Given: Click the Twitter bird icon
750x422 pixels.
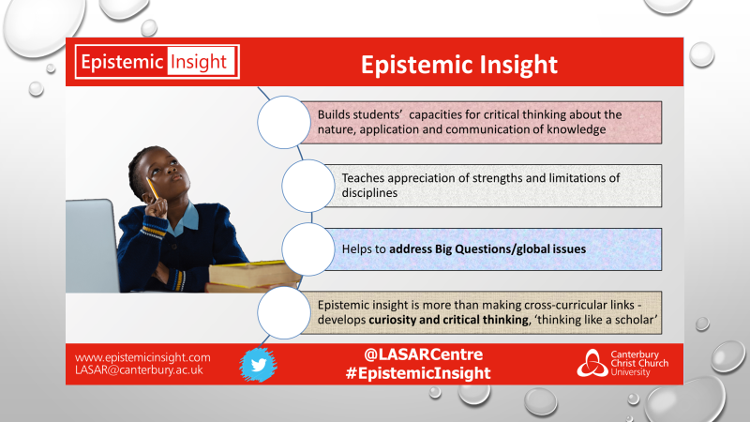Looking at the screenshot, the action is [x=259, y=365].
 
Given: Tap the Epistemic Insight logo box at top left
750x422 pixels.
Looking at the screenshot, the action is [x=157, y=62].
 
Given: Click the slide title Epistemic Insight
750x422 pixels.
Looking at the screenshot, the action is [x=459, y=65].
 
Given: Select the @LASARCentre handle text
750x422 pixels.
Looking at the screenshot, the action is [x=424, y=354].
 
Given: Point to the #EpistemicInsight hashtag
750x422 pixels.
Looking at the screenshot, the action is [x=418, y=373].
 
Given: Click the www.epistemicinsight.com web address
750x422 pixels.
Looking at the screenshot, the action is [x=142, y=357].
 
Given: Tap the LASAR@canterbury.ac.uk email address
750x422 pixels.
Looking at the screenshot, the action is [x=139, y=369].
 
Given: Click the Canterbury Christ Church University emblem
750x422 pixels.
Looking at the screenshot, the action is [x=592, y=363].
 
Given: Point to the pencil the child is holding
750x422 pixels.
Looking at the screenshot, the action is [x=153, y=188].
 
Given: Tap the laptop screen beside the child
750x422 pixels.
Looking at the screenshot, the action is [x=92, y=246].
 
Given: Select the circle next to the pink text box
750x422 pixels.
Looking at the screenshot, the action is [x=284, y=122].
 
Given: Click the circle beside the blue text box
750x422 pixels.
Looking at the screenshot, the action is [x=308, y=249].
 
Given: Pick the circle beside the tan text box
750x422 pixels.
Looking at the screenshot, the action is [x=284, y=313].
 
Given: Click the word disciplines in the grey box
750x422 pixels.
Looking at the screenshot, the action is [x=369, y=193].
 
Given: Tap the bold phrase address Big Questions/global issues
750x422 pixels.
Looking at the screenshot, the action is [x=487, y=249].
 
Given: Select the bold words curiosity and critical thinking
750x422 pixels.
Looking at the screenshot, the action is [x=449, y=320].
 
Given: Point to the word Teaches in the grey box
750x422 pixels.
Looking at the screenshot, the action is [x=362, y=178].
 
